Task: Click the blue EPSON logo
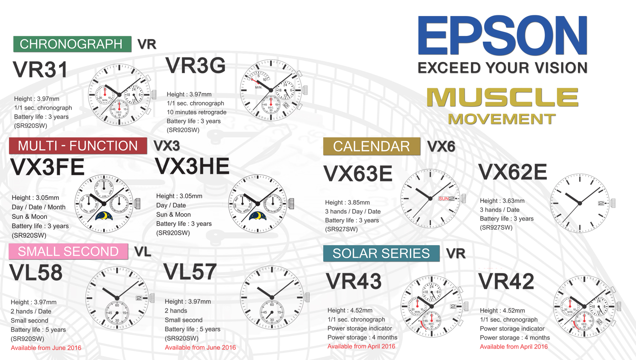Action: click(503, 35)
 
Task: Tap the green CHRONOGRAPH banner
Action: click(72, 44)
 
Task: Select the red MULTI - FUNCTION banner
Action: click(78, 146)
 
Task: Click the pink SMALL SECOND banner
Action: click(68, 252)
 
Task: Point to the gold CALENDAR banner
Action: click(372, 146)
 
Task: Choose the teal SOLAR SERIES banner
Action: click(381, 253)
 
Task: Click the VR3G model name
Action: click(196, 65)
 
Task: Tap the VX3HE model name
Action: click(193, 166)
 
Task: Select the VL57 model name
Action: click(190, 272)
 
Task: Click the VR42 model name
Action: click(506, 281)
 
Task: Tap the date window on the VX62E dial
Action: click(601, 203)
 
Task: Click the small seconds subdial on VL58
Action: click(117, 313)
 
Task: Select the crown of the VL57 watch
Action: click(307, 297)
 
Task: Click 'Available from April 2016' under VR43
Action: click(361, 346)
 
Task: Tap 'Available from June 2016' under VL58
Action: click(46, 348)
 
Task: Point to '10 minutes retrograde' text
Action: click(196, 112)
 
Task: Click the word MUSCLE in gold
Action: click(503, 97)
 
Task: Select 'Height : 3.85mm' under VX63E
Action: click(347, 202)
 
